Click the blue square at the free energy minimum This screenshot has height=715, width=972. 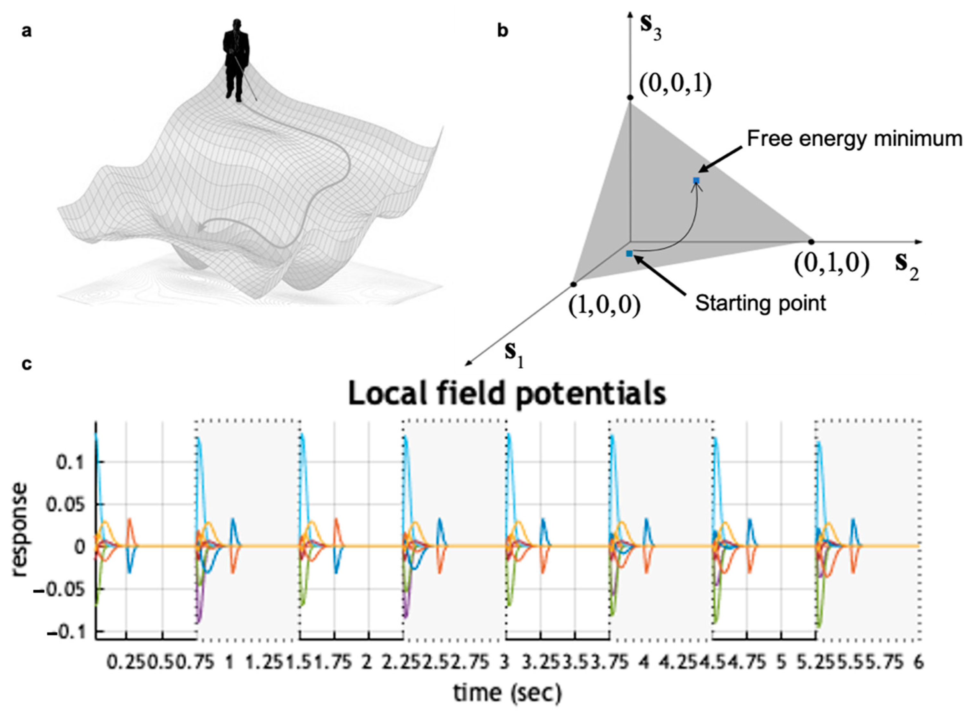tap(696, 180)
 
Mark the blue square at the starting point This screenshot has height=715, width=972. tap(629, 253)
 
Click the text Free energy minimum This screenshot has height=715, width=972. tap(854, 139)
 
